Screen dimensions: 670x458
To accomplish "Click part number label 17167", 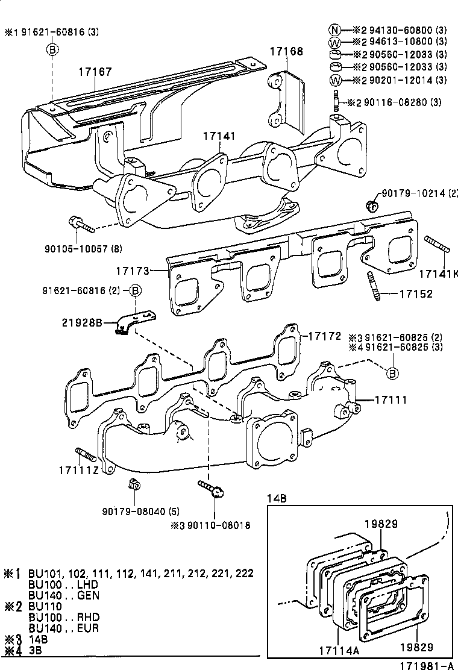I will pos(95,72).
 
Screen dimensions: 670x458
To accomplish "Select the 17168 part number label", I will pos(286,52).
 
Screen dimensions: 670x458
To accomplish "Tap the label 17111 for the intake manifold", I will pos(391,399).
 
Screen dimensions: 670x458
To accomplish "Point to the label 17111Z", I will pos(79,469).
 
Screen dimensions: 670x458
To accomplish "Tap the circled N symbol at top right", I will pos(335,28).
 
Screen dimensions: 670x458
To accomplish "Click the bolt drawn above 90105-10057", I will pos(82,224).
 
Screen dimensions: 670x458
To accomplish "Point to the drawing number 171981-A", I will pos(428,665).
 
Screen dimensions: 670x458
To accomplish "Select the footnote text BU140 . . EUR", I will pos(64,628).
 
